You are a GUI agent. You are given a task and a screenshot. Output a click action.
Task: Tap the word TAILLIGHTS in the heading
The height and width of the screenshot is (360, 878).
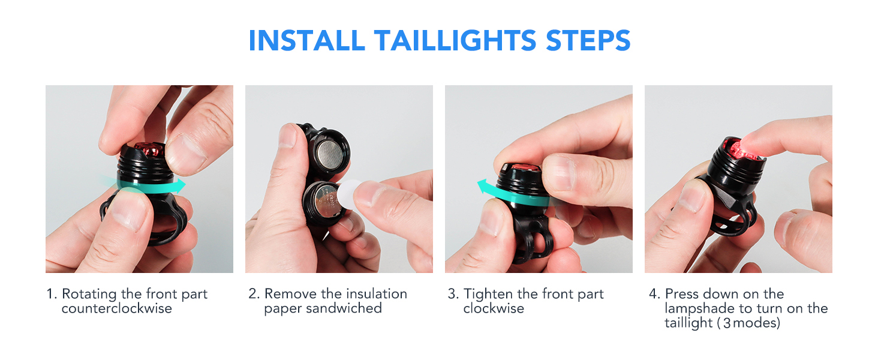click(455, 40)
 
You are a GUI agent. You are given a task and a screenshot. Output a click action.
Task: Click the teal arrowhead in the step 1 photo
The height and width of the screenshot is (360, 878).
click(181, 185)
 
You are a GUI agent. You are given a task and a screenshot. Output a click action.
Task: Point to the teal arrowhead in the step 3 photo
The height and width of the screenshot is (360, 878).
click(483, 187)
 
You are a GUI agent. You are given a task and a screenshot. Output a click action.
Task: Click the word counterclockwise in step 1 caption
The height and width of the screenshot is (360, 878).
click(117, 308)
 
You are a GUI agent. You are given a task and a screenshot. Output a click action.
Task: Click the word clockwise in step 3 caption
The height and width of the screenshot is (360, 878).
click(494, 308)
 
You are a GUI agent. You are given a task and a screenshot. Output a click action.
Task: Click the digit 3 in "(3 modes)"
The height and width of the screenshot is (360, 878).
click(727, 323)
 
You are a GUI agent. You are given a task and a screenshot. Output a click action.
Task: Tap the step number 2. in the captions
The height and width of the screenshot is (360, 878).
click(254, 294)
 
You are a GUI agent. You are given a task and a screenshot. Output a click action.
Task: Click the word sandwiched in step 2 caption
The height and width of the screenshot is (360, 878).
click(344, 308)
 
